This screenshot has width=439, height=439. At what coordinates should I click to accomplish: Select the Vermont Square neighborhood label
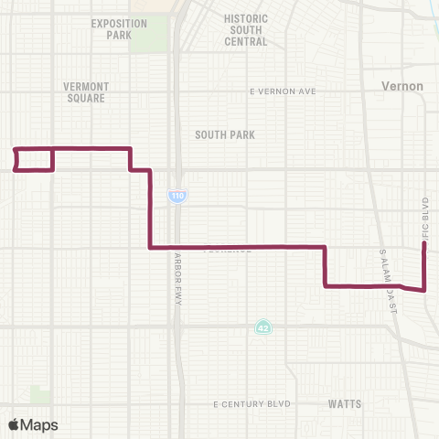click(86, 92)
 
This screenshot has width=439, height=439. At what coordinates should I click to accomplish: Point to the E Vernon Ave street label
click(282, 91)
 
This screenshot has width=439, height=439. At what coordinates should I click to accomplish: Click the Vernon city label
click(402, 86)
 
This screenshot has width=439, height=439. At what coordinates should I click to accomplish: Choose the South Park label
click(224, 134)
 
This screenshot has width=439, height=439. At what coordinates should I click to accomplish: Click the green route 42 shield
click(262, 327)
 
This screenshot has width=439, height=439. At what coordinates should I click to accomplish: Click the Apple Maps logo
click(33, 424)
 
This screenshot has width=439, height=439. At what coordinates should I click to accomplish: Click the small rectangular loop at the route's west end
click(34, 159)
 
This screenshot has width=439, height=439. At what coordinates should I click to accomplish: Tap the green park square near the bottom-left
click(40, 395)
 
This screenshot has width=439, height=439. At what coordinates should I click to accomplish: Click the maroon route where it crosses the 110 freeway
click(177, 247)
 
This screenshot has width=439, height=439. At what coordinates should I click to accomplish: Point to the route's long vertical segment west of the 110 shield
click(149, 209)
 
